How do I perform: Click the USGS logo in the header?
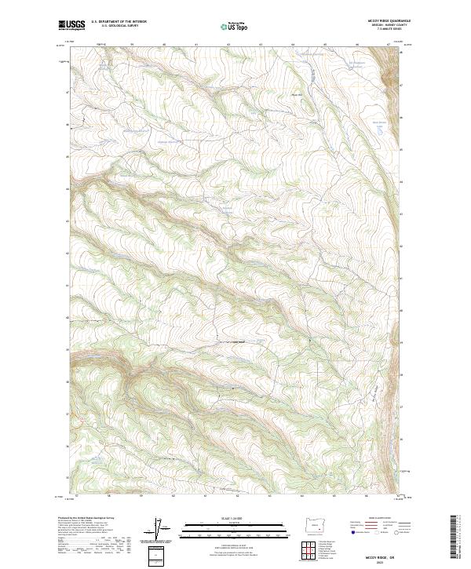click(x=71, y=25)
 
